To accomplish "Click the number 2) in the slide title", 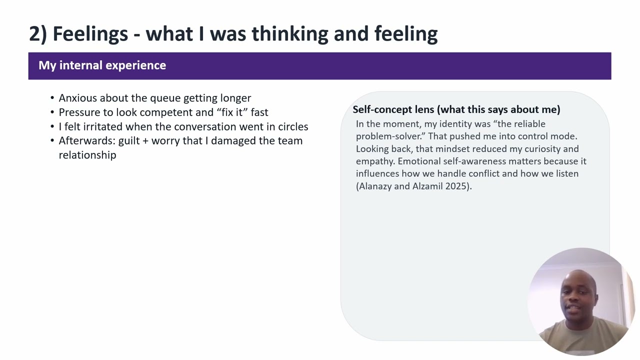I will pos(37,34).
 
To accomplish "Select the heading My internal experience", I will pos(102,65).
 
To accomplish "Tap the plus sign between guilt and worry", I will pos(145,141).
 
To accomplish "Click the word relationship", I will pos(87,155).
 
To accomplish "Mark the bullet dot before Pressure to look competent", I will pos(52,112).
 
